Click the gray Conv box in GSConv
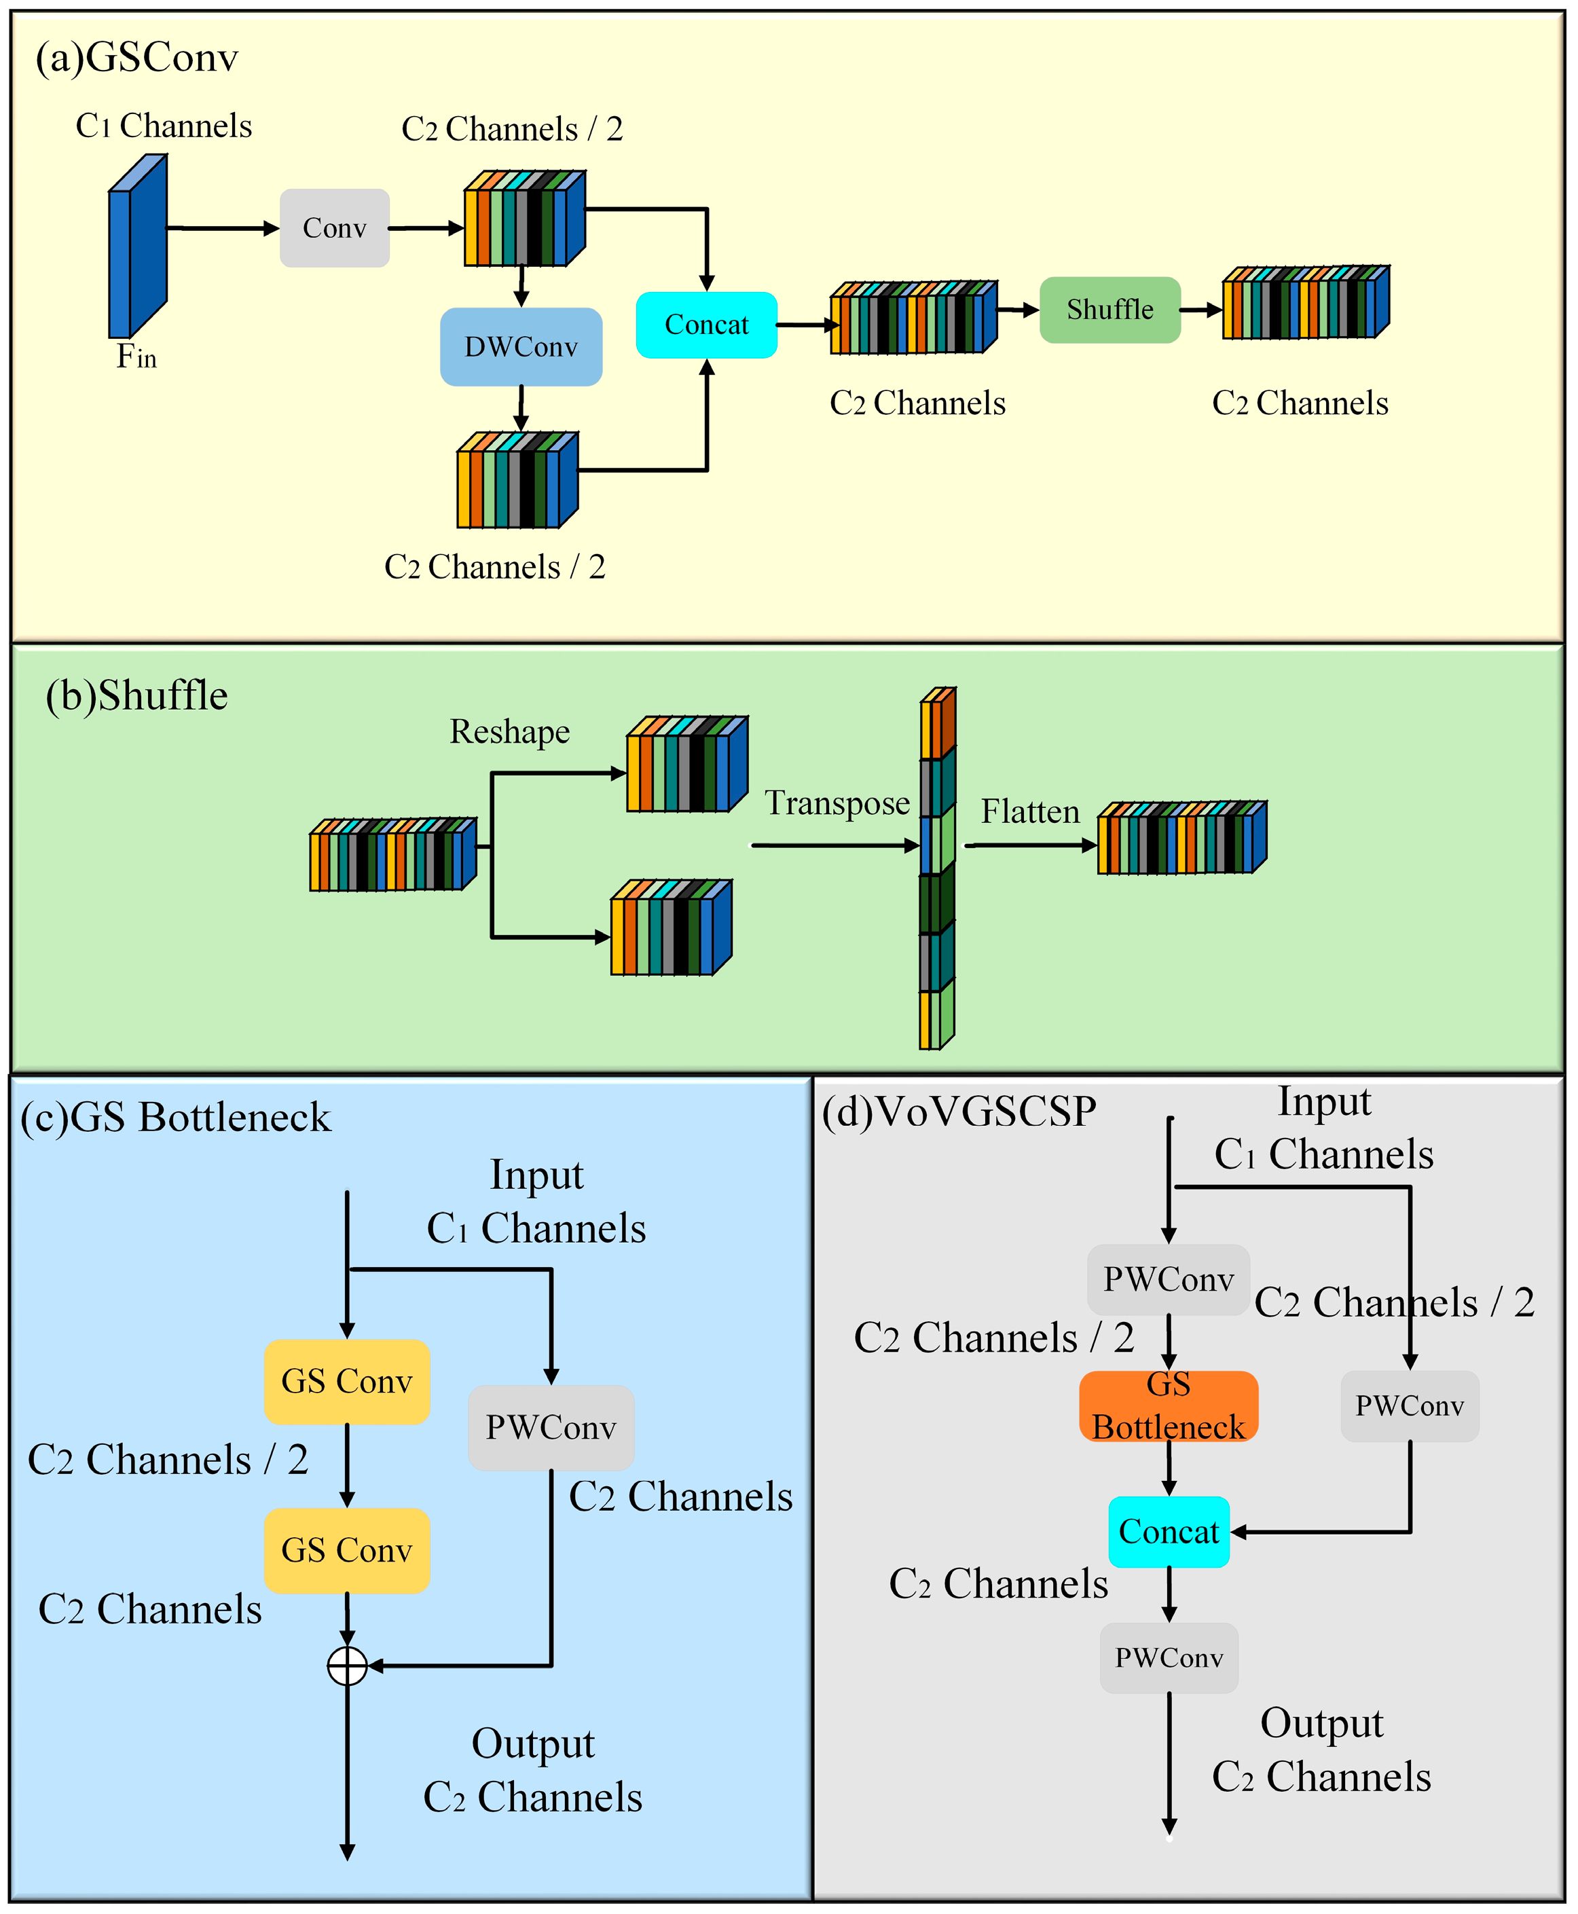click(335, 228)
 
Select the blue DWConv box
click(521, 346)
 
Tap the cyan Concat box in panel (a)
click(706, 325)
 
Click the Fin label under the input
click(136, 356)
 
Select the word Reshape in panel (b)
click(509, 732)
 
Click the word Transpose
click(837, 803)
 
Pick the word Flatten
click(1030, 811)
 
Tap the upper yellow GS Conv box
click(346, 1382)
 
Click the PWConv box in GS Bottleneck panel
click(551, 1428)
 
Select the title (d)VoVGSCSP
click(959, 1111)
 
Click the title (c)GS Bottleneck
click(175, 1118)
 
